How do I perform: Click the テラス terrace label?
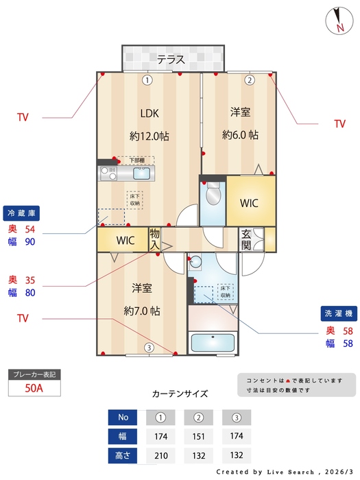click(171, 59)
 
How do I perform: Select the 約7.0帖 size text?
click(142, 311)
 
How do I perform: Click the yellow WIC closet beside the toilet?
click(248, 203)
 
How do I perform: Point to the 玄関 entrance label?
click(245, 240)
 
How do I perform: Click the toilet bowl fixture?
click(213, 194)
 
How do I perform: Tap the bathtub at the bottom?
click(213, 342)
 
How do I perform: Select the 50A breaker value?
click(34, 388)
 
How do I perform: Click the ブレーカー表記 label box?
click(34, 374)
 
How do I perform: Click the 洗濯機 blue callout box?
click(339, 313)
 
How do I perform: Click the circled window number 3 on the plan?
click(149, 348)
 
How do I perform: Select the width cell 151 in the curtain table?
click(198, 436)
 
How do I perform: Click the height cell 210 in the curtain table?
click(160, 454)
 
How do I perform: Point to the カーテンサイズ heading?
click(180, 394)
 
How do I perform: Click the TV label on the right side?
click(339, 124)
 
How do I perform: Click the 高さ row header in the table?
click(123, 454)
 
